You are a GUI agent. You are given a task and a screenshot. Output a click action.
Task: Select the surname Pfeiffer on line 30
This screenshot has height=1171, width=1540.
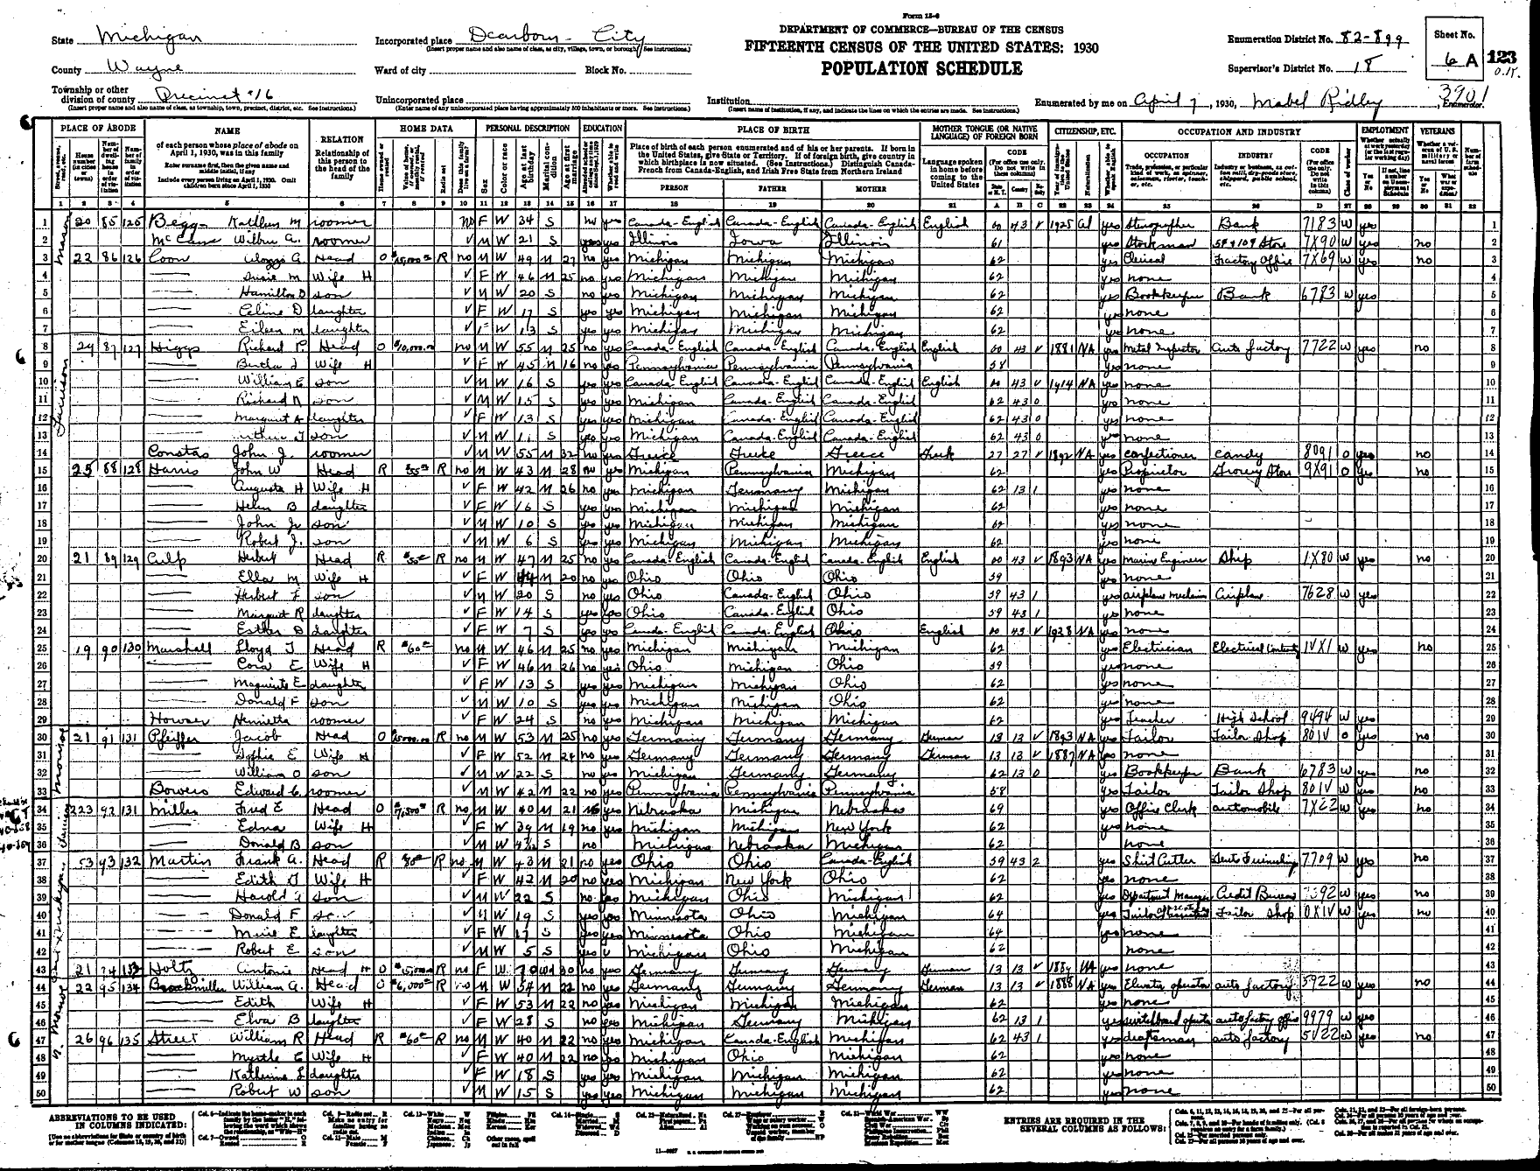coord(171,737)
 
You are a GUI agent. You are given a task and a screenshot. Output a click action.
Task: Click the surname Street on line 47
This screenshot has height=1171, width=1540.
coord(171,1037)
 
